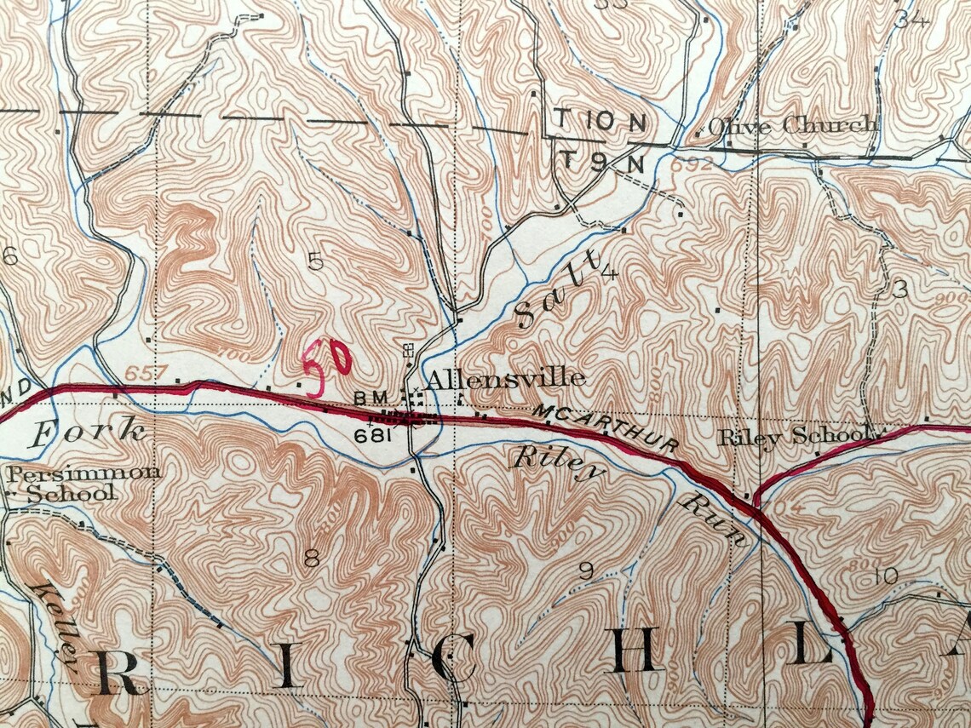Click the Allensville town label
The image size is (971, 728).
tap(504, 378)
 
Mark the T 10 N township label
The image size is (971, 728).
tap(600, 122)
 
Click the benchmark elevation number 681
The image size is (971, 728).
tap(376, 435)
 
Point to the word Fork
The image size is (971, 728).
tap(85, 432)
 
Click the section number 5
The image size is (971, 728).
tap(316, 262)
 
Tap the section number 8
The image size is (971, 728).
tap(312, 559)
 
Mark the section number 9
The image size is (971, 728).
tap(586, 571)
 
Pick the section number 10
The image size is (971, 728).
tap(886, 576)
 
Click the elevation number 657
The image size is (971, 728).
tap(141, 374)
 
